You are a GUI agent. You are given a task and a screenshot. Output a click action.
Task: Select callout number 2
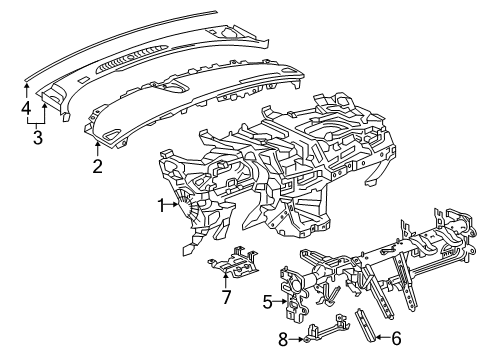point(97,166)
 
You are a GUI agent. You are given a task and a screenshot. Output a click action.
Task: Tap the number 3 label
point(36,136)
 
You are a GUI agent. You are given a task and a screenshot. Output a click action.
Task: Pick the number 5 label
point(268,299)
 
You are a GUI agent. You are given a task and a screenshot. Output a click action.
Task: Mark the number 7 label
point(226,298)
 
